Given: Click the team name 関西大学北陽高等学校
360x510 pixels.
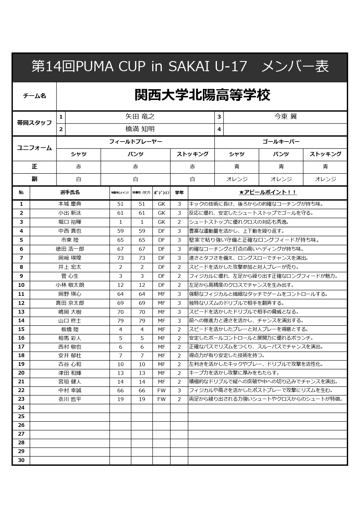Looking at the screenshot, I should click(x=202, y=95).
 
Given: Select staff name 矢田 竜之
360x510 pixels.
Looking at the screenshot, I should click(x=140, y=117).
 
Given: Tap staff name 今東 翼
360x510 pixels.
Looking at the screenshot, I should click(x=285, y=117).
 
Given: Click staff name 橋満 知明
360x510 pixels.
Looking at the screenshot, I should click(x=140, y=129).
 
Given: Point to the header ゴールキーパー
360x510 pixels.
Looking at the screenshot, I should click(x=281, y=142).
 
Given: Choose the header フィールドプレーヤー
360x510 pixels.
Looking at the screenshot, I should click(x=136, y=142).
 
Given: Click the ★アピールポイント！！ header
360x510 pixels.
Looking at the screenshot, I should click(x=267, y=192).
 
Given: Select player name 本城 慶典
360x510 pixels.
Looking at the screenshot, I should click(x=70, y=204).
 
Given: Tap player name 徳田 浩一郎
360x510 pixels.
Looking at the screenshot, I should click(x=70, y=249).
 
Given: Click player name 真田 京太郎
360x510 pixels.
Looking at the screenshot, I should click(x=70, y=303).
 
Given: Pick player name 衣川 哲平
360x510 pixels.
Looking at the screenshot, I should click(x=70, y=399).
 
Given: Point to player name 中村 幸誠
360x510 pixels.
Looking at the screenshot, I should click(x=70, y=391).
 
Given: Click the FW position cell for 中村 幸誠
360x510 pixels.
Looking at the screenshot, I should click(x=161, y=391).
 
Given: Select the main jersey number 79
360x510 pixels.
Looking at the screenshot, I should click(x=120, y=321).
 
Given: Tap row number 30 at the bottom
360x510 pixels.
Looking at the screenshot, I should click(x=21, y=460).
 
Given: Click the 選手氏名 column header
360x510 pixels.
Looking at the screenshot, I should click(x=70, y=192).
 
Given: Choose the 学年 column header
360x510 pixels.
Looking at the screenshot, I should click(x=179, y=192).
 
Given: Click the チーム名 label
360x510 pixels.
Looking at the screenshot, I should click(x=34, y=96).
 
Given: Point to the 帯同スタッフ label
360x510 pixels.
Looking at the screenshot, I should click(x=34, y=123).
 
